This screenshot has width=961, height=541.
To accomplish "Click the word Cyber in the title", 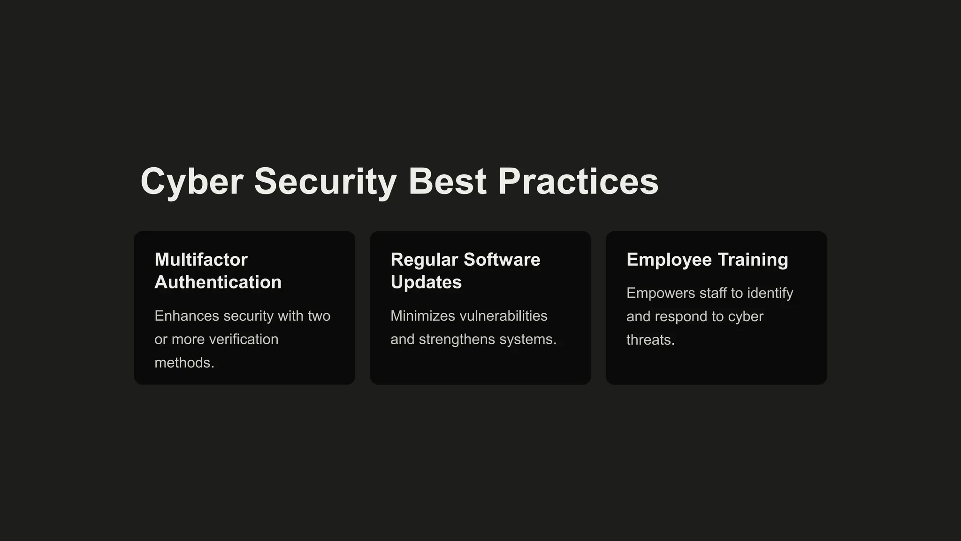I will coord(192,182).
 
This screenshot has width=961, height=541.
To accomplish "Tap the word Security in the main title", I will coord(325,182).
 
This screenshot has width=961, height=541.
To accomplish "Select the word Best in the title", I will coord(447,182).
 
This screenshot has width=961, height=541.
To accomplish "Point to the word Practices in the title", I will coord(578,182).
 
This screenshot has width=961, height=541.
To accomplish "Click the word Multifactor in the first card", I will coord(201,260).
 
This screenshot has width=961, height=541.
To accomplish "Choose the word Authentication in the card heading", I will coord(218,282).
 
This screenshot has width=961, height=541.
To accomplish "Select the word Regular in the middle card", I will coord(424,260).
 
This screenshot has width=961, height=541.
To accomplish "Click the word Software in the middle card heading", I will coord(502,260).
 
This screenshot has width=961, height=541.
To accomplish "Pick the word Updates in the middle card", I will coord(426,282).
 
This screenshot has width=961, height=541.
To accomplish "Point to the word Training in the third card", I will coord(753,260).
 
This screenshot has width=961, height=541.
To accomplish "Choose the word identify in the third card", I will coord(770,293).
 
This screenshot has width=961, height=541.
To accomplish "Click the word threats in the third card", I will coord(650,340).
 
